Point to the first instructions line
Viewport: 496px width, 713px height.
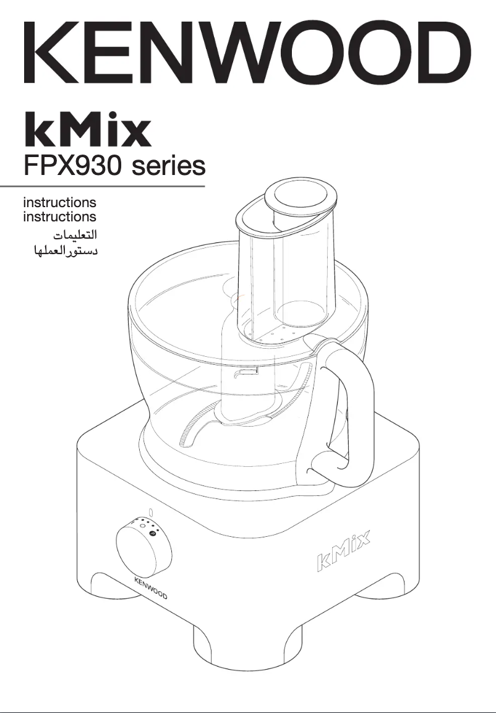(x=59, y=202)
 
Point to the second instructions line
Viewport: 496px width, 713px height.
(x=59, y=217)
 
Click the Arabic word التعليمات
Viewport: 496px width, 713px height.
(x=74, y=235)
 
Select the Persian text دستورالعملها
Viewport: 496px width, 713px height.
(x=61, y=252)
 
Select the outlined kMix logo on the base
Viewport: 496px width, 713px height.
(x=344, y=552)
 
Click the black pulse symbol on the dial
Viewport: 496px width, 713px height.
(x=152, y=532)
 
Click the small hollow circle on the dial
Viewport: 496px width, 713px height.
(x=142, y=526)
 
